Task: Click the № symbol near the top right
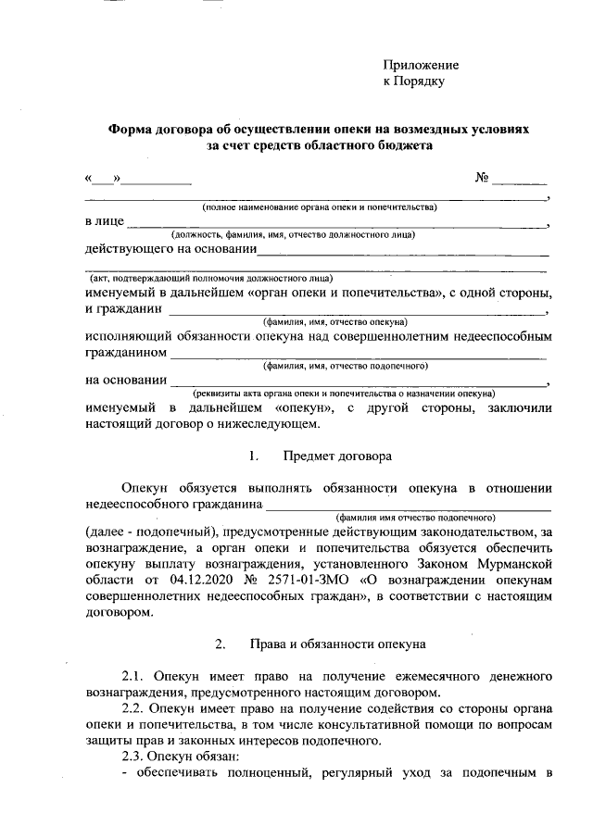click(x=482, y=177)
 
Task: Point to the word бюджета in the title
click(x=410, y=145)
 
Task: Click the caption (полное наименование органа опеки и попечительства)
click(x=320, y=207)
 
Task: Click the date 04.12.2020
click(x=162, y=578)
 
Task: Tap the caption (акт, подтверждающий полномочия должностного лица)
click(x=211, y=278)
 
